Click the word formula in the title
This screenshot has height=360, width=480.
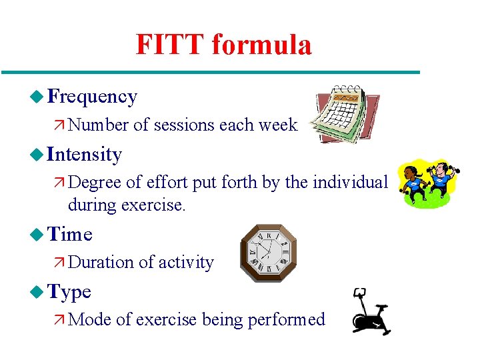(261, 45)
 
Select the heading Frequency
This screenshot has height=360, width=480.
(93, 97)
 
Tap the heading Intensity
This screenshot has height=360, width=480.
(85, 155)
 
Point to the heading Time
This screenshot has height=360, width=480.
(70, 235)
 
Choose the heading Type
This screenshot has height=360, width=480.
(69, 292)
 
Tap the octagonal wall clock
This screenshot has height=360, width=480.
(269, 253)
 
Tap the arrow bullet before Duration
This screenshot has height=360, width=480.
(58, 263)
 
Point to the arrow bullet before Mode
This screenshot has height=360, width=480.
(58, 320)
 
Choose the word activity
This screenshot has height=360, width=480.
(186, 263)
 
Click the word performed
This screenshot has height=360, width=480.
(286, 320)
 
